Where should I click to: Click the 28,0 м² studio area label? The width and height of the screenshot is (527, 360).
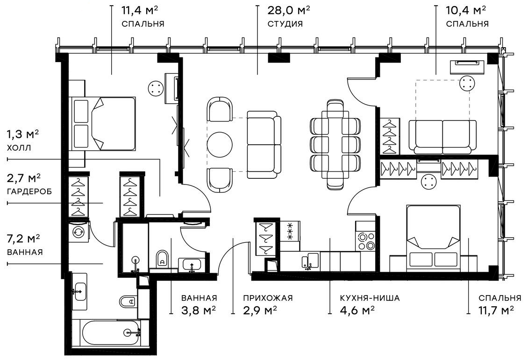[x=288, y=10]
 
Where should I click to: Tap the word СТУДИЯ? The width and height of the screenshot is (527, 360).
[x=285, y=24]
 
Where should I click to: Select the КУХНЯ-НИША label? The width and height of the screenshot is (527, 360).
[x=370, y=298]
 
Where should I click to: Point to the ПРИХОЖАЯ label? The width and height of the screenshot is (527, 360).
[x=268, y=298]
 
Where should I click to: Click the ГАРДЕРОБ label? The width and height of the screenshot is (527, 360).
[x=29, y=192]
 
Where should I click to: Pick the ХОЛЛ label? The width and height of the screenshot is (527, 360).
[x=19, y=148]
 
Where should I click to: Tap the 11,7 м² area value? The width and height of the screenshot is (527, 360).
[x=496, y=311]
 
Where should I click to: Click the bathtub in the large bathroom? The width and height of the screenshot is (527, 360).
[x=110, y=333]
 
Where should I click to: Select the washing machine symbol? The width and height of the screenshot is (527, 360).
[x=79, y=231]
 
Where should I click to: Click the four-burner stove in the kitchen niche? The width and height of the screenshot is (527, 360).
[x=366, y=241]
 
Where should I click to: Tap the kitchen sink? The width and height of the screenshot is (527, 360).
[x=310, y=261]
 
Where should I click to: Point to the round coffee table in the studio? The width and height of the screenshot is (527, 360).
[x=220, y=145]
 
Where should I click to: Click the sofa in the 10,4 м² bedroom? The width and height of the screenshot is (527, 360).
[x=442, y=137]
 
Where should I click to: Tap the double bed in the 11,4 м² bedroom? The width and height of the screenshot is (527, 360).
[x=102, y=124]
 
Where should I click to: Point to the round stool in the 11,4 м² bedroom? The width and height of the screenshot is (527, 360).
[x=156, y=89]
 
